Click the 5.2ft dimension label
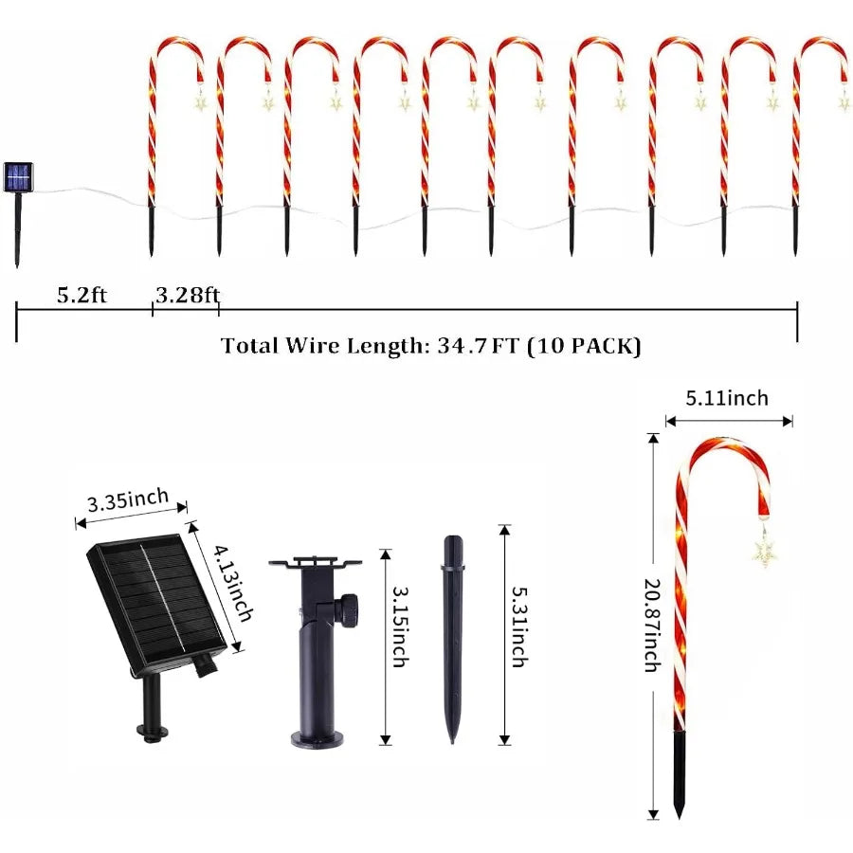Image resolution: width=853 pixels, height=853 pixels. tap(82, 294)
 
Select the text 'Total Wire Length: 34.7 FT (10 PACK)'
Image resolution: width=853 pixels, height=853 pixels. tap(431, 346)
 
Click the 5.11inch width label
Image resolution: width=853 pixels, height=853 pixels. tap(729, 398)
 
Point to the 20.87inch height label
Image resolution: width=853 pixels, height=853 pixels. tap(651, 626)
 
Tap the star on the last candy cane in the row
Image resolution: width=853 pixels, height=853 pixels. tap(843, 100)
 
